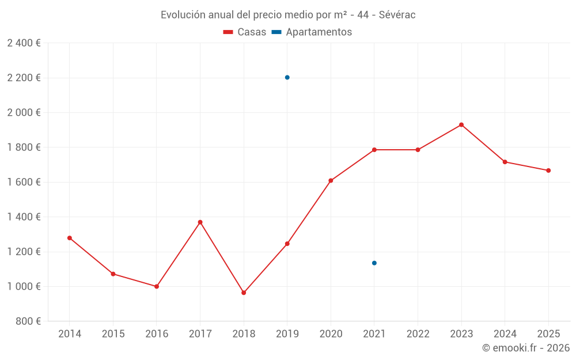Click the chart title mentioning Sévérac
click(x=288, y=14)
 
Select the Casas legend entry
click(x=245, y=32)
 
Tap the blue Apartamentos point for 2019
click(x=287, y=77)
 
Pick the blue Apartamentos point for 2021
click(x=374, y=263)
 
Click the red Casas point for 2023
click(x=461, y=125)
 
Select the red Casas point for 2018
click(x=244, y=293)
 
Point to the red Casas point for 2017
click(x=200, y=222)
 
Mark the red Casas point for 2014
click(x=70, y=238)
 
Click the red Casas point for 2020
click(x=331, y=181)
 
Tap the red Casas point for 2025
click(x=548, y=170)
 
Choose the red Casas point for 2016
click(x=157, y=286)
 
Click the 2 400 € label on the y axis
click(x=24, y=43)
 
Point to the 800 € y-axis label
click(x=28, y=321)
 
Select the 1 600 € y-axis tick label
click(x=24, y=182)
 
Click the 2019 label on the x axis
click(x=287, y=334)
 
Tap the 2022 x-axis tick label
click(x=418, y=334)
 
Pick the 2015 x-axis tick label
click(x=113, y=334)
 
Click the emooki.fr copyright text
click(x=526, y=348)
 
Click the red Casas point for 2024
click(x=505, y=162)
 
